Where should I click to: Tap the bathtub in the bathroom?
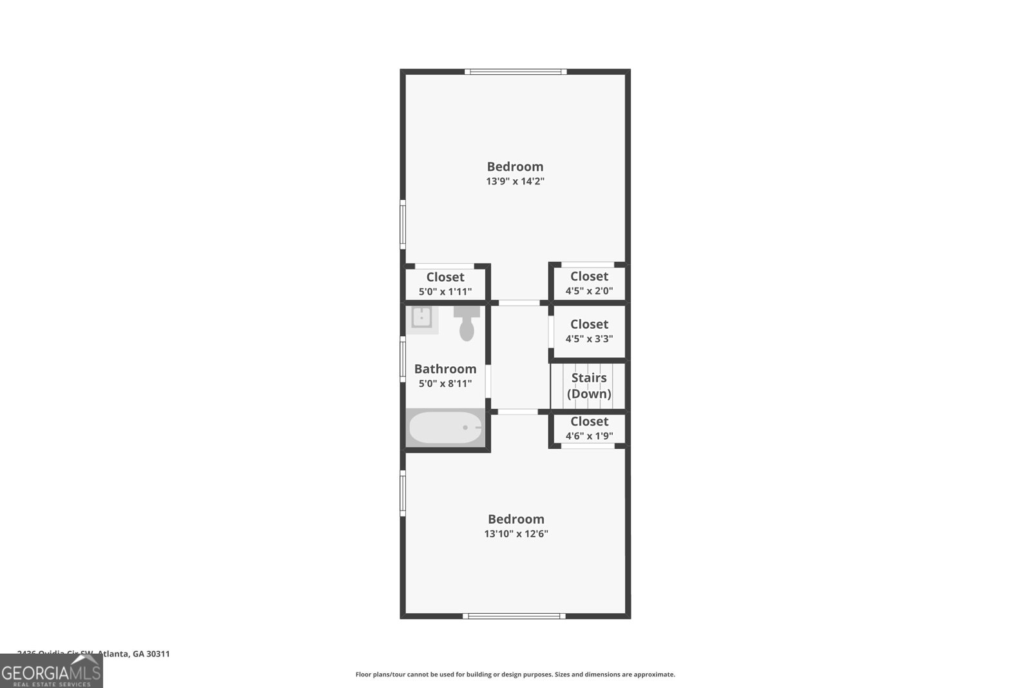coord(445,428)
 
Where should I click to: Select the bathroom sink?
coord(422,318)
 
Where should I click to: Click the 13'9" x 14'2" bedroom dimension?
coord(515,181)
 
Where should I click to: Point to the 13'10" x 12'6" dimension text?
coord(515,534)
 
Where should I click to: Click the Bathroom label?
coord(445,369)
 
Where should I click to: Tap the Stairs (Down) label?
coord(589,386)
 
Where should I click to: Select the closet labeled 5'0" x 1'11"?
coord(445,284)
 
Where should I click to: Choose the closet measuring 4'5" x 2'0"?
coord(589,283)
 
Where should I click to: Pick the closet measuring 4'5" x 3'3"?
coord(589,331)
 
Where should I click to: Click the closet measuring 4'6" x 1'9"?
coord(589,428)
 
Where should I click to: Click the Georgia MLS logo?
coord(51,672)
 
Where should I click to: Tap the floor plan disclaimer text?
coord(515,674)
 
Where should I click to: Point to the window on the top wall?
coord(515,72)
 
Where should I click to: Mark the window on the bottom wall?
coord(514,616)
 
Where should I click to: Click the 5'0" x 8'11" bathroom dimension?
coord(445,384)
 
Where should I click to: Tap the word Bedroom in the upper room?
coord(515,166)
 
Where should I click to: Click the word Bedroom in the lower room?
coord(515,519)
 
